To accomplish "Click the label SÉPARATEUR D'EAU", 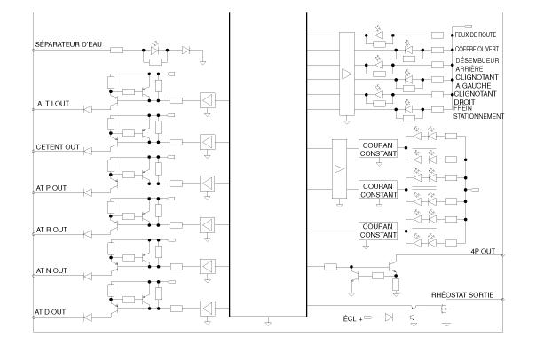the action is pyautogui.click(x=68, y=44).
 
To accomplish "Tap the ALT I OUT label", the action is pyautogui.click(x=53, y=104).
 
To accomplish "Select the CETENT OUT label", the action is pyautogui.click(x=58, y=147).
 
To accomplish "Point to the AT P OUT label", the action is pyautogui.click(x=51, y=188).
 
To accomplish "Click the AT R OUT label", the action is pyautogui.click(x=51, y=230).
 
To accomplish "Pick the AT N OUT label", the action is pyautogui.click(x=51, y=271).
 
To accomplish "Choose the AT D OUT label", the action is pyautogui.click(x=51, y=312).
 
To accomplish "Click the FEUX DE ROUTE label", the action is pyautogui.click(x=476, y=35).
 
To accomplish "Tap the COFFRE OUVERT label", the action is pyautogui.click(x=477, y=50).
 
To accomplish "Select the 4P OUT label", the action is pyautogui.click(x=483, y=251).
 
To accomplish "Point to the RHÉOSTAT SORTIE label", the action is pyautogui.click(x=462, y=295).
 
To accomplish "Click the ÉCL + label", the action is pyautogui.click(x=352, y=319).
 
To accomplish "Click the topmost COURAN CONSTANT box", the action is pyautogui.click(x=378, y=149).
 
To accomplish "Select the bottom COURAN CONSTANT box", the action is pyautogui.click(x=378, y=231).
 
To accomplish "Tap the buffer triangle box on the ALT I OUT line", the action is pyautogui.click(x=208, y=101).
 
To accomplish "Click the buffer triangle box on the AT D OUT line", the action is pyautogui.click(x=208, y=309).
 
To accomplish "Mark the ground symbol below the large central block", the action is pyautogui.click(x=268, y=323).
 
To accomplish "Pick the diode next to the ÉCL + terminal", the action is pyautogui.click(x=389, y=317).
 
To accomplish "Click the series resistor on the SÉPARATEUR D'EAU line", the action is pyautogui.click(x=117, y=51).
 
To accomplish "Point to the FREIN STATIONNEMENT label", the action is pyautogui.click(x=478, y=113).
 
